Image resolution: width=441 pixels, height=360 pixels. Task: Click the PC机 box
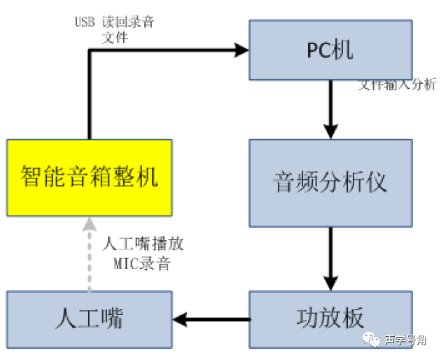point(330,50)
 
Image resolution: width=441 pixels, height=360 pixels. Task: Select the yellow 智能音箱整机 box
point(89,177)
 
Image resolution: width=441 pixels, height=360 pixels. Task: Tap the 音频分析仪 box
point(330,182)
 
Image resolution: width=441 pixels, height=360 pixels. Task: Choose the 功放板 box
point(330,319)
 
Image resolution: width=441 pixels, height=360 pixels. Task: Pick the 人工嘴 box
point(89,319)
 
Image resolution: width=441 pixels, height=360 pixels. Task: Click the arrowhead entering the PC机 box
point(242,50)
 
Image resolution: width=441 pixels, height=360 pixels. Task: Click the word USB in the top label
point(85,22)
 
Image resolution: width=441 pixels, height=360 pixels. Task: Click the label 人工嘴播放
point(143,245)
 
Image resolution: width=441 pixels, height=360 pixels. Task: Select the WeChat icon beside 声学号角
point(370,340)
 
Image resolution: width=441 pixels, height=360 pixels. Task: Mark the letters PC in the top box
point(318,50)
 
